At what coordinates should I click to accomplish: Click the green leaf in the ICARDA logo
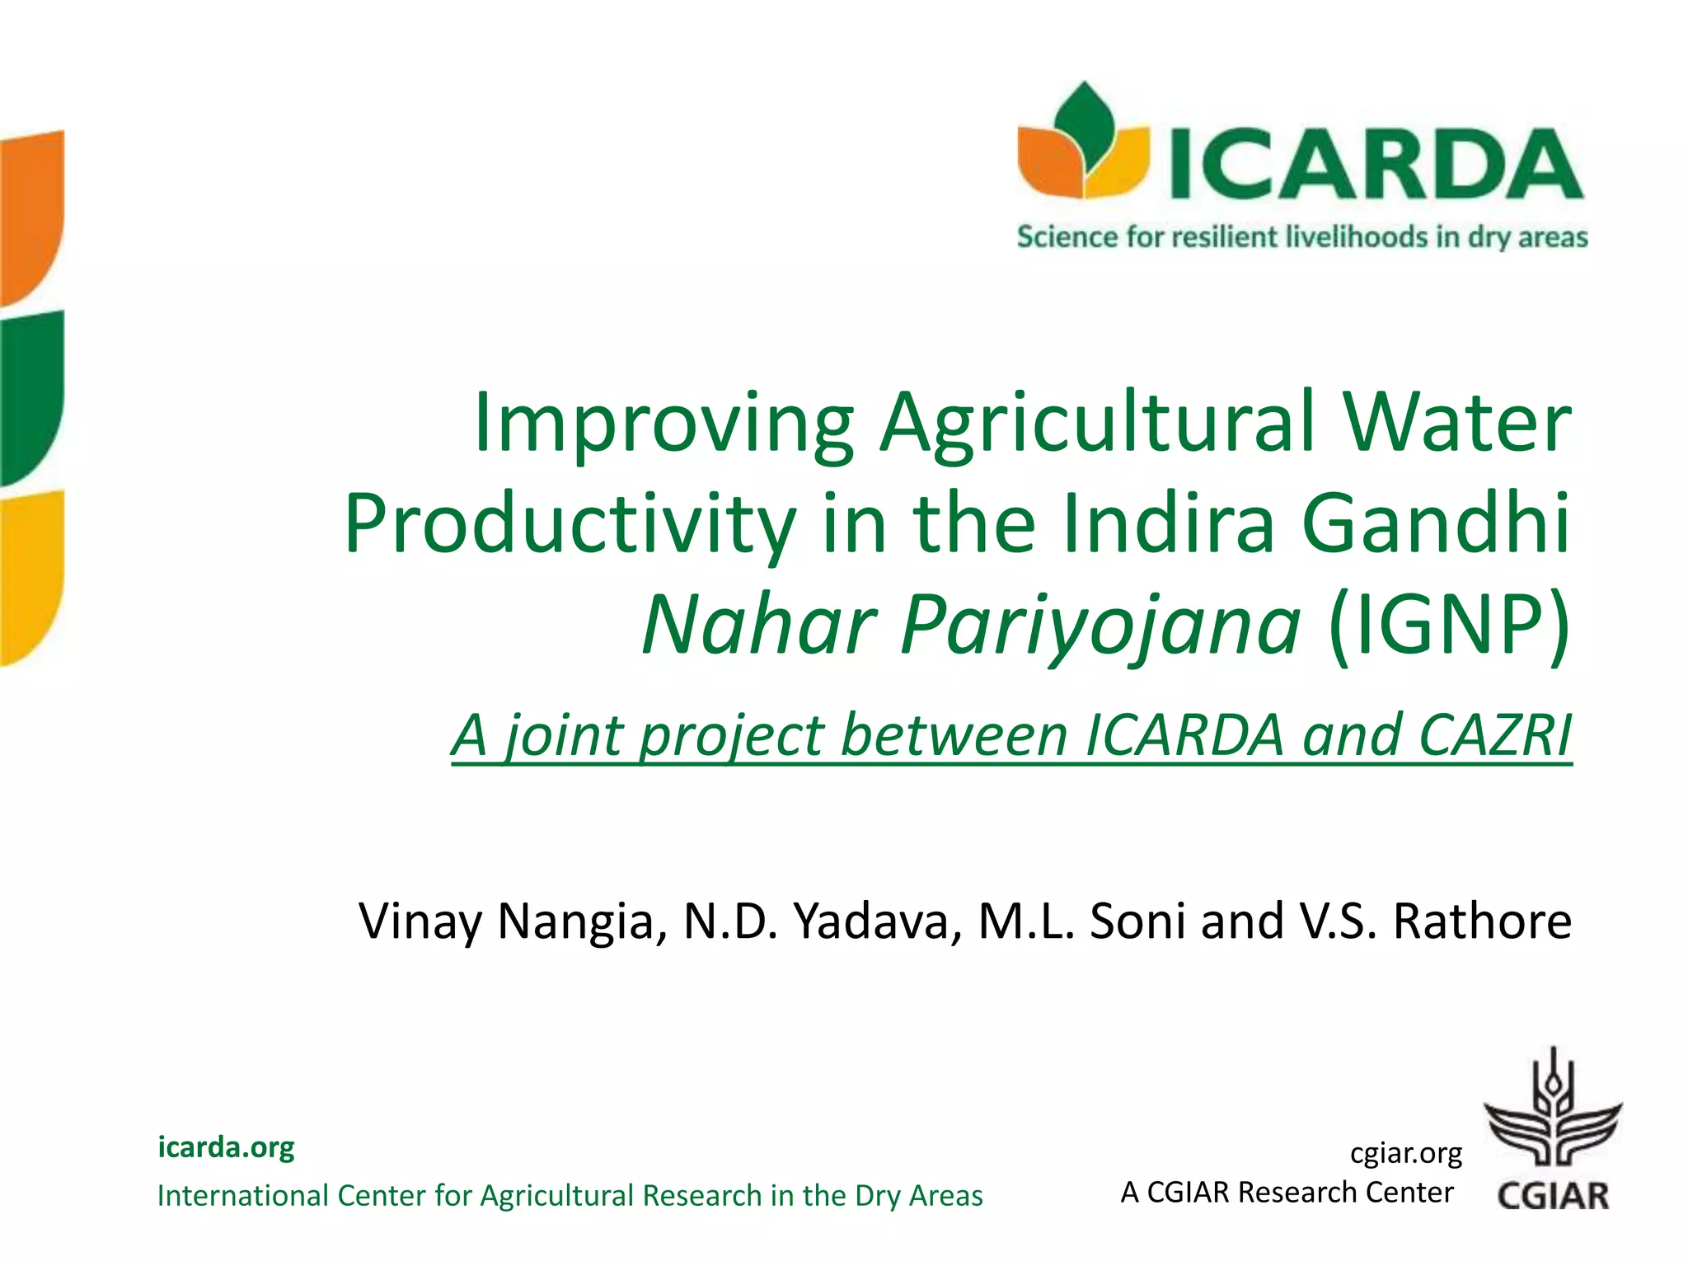(1085, 124)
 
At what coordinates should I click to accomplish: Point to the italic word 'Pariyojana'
(1101, 626)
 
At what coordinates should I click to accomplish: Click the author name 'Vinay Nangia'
(512, 921)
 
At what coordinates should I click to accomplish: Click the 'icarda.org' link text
(226, 1146)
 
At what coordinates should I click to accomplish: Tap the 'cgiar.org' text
(1405, 1153)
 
